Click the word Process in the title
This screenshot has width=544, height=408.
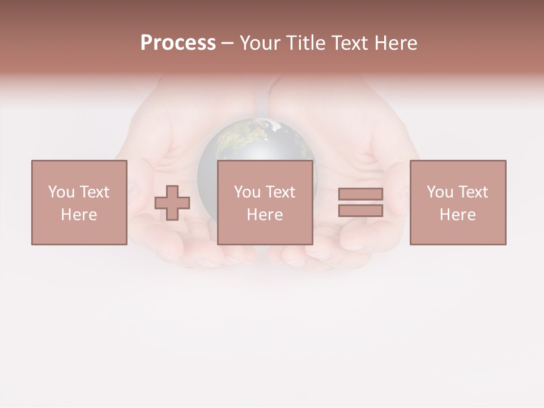[x=178, y=43]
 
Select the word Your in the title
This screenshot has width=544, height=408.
[x=261, y=43]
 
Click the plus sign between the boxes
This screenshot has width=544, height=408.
[x=172, y=203]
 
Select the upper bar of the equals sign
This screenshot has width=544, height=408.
[x=360, y=194]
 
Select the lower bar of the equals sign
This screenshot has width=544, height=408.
[x=360, y=210]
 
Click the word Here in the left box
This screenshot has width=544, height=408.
[x=79, y=215]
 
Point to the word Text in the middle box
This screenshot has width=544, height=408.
[x=280, y=192]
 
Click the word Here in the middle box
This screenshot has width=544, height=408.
[x=265, y=215]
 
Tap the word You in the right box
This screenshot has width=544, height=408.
[x=440, y=192]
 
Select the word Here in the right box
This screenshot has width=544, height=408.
[x=457, y=215]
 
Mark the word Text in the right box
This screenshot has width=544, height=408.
[x=473, y=192]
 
